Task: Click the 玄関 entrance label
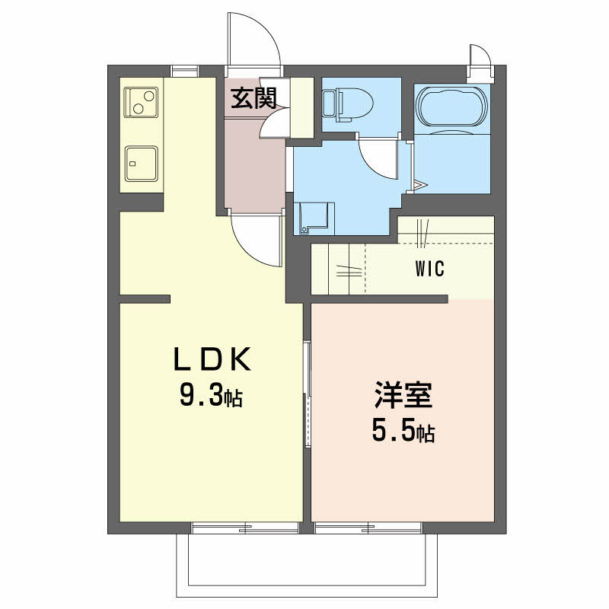click(x=253, y=98)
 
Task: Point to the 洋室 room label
click(x=403, y=397)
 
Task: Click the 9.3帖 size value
click(x=210, y=396)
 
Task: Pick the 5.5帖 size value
click(x=403, y=432)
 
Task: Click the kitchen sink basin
click(x=142, y=161)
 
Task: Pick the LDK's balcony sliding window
click(x=245, y=527)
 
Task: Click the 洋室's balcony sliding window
click(x=369, y=527)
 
